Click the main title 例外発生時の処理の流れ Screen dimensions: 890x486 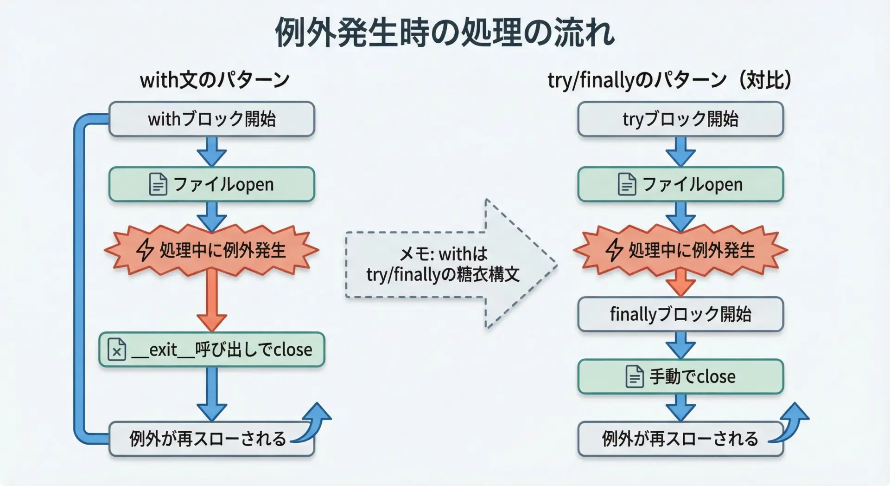coord(445,32)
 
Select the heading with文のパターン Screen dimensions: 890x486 coord(215,80)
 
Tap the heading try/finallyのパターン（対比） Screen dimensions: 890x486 coord(669,80)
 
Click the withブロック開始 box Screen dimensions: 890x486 coord(212,119)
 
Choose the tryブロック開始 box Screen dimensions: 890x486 coord(680,119)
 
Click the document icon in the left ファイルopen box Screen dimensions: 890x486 coord(158,184)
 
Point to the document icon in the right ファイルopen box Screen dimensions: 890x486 coord(627,184)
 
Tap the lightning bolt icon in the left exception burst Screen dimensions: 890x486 coord(145,250)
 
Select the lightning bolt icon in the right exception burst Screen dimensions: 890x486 coord(614,250)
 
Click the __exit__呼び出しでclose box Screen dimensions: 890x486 coord(212,349)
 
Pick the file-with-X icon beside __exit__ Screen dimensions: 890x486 coord(117,350)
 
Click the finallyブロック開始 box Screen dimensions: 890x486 coord(680,314)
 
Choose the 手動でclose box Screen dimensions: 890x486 coord(680,376)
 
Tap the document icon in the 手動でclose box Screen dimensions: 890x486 coord(635,376)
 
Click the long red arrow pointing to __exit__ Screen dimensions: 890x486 coord(212,299)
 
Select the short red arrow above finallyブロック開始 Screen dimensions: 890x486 coord(680,282)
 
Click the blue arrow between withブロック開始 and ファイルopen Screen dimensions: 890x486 coord(212,151)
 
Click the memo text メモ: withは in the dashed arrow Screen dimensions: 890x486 coord(443,254)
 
